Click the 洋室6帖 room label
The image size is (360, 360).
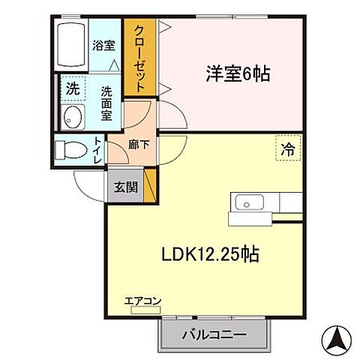238,74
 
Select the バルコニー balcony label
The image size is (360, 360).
213,334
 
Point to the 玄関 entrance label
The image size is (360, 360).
126,187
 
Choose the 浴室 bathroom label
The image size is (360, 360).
103,44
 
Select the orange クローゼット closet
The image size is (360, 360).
139,58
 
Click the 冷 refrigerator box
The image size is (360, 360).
288,149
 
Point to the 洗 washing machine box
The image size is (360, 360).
71,87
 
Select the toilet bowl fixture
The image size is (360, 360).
69,149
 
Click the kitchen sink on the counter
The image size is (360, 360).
246,202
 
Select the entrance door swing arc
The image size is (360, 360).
88,184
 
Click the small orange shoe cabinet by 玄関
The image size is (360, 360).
150,185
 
